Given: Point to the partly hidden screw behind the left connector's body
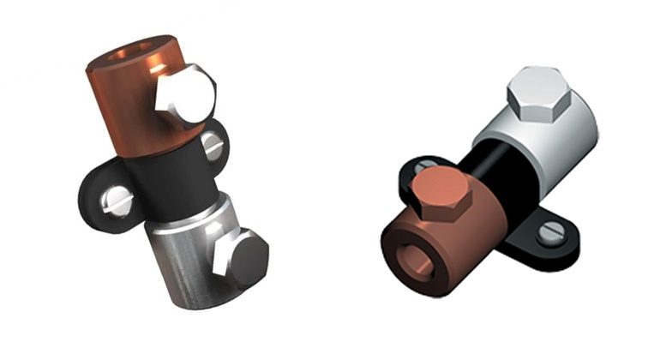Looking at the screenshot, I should click(213, 147).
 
